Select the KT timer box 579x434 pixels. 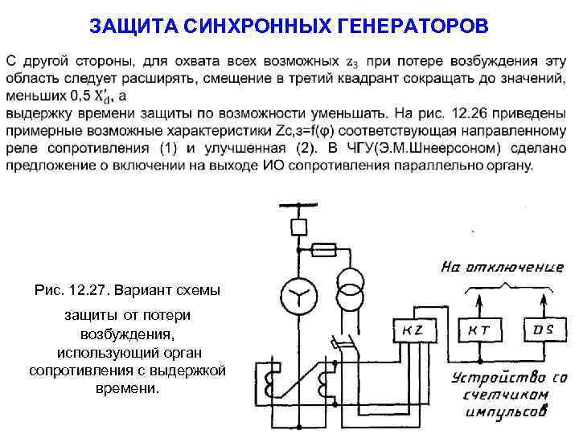point(480,330)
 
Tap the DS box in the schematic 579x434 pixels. point(539,330)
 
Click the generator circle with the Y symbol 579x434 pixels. point(298,298)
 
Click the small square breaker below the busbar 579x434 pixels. point(298,227)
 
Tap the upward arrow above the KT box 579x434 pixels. point(480,301)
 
